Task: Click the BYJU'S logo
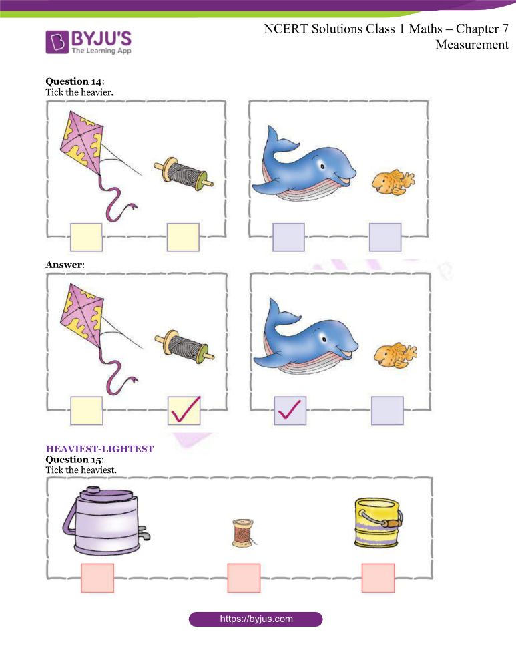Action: [x=89, y=41]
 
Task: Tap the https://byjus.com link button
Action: [x=256, y=619]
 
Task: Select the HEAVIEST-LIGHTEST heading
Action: [x=99, y=449]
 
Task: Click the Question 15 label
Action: [x=74, y=460]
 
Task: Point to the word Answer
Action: [x=64, y=265]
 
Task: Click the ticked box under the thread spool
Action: [x=184, y=411]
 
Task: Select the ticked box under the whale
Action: [x=290, y=411]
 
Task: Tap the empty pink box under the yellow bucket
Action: [x=378, y=578]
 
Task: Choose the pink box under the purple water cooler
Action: [x=97, y=578]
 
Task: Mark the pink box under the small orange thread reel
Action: [x=244, y=578]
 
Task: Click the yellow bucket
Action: [x=378, y=522]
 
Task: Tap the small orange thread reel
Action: [x=243, y=533]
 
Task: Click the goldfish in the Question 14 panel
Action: [x=393, y=182]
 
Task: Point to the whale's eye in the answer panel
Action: [x=324, y=339]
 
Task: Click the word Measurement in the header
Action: [x=472, y=45]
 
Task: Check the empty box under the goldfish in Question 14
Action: [x=385, y=237]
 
